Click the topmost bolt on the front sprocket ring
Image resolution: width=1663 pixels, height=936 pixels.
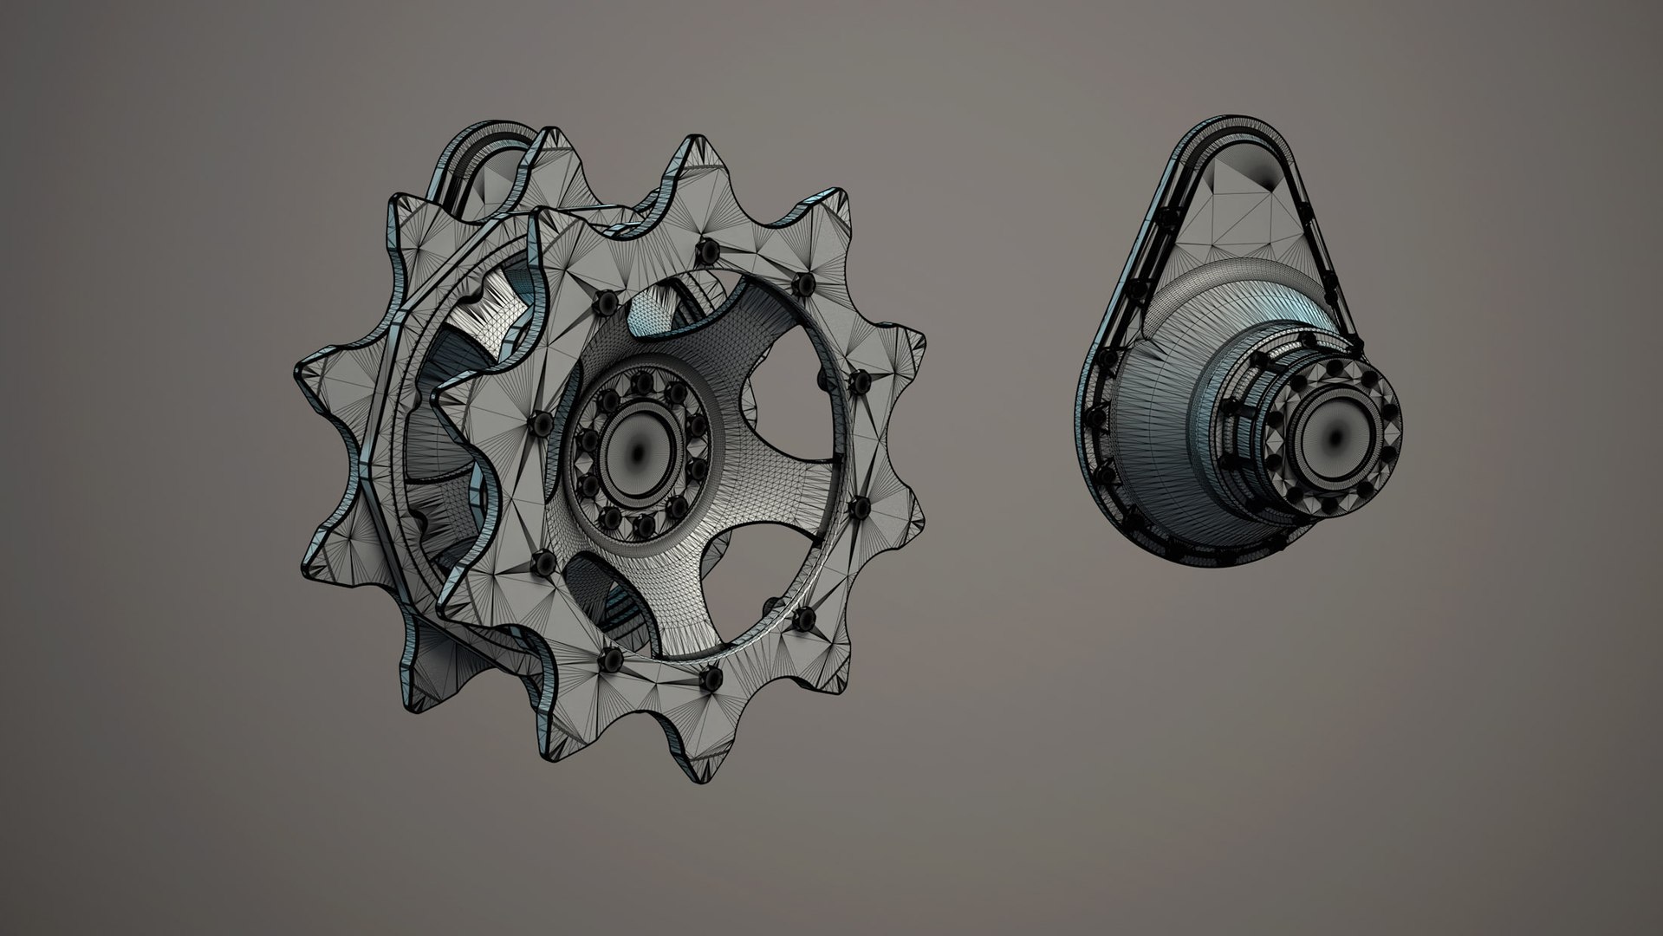point(708,250)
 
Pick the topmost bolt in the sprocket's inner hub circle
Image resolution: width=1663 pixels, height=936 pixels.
point(643,382)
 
